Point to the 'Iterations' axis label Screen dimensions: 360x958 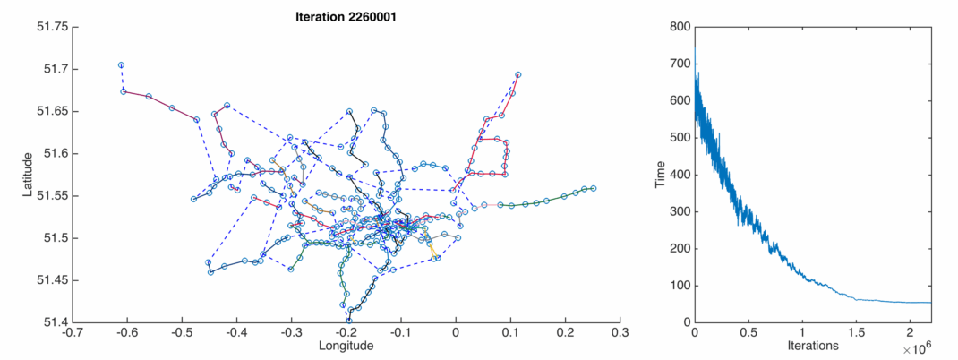tap(813, 346)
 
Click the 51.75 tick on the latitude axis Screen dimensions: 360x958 tap(54, 27)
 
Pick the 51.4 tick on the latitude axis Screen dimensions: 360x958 tap(56, 322)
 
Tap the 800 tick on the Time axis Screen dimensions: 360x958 tap(679, 27)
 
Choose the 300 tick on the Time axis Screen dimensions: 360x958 tap(679, 211)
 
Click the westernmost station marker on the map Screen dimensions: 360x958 tap(121, 64)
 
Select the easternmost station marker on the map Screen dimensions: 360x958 tap(594, 188)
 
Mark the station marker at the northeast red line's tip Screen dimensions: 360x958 tap(518, 75)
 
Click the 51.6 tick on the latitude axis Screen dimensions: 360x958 tap(56, 154)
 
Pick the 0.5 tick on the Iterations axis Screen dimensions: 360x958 tap(748, 332)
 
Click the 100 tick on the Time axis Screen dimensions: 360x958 tap(679, 286)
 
